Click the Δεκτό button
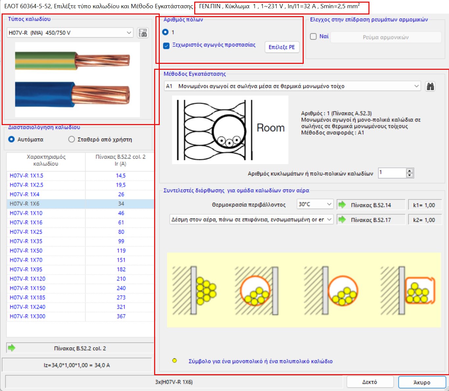tap(370, 382)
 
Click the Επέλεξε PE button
tap(282, 47)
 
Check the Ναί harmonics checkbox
tap(314, 37)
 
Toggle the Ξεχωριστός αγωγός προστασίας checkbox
tap(166, 46)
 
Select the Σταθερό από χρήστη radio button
tap(72, 140)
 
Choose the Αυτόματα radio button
tap(12, 140)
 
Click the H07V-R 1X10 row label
tap(26, 213)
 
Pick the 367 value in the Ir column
tap(121, 316)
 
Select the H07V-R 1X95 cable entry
tap(26, 270)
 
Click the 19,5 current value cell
tap(121, 185)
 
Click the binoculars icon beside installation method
tap(430, 86)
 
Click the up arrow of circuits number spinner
tap(410, 171)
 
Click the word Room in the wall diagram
tap(271, 128)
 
